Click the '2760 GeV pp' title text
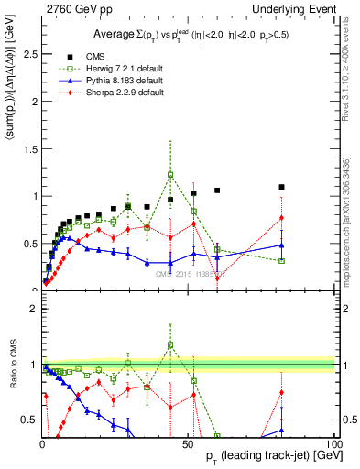pyautogui.click(x=74, y=9)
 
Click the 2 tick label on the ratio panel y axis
pyautogui.click(x=32, y=309)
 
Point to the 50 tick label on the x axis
pyautogui.click(x=189, y=442)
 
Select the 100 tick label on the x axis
pyautogui.click(x=333, y=442)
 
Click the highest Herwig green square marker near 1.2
pyautogui.click(x=170, y=175)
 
